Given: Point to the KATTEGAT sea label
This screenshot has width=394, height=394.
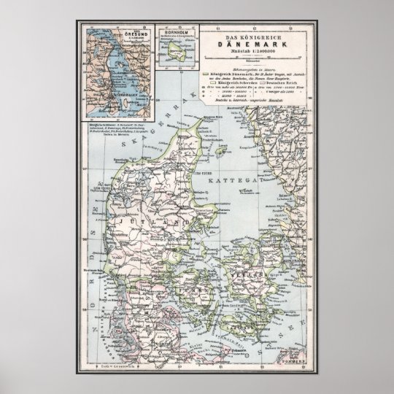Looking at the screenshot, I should (x=233, y=178).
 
